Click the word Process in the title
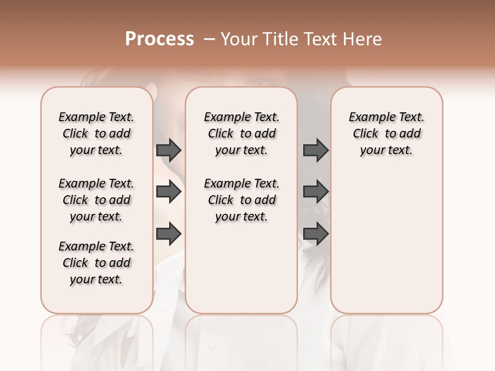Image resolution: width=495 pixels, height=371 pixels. coord(159,39)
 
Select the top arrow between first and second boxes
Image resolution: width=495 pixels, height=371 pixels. coord(169,150)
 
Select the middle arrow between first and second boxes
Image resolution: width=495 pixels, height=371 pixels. coord(169,192)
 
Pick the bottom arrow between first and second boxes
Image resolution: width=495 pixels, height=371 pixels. coord(169,234)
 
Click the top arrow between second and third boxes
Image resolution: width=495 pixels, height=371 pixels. coord(316,150)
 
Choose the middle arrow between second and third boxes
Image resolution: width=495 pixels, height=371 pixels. coord(316,192)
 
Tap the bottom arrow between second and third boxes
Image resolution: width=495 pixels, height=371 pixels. coord(316,234)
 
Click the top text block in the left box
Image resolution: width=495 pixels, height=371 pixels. coord(96,133)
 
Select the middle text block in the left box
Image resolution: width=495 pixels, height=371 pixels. coord(96,200)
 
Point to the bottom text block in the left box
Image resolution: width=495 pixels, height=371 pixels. coord(96,263)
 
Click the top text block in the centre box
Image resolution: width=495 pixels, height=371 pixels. coord(241,133)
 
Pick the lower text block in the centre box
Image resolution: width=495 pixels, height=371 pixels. coord(241,200)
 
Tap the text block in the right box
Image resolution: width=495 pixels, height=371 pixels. coord(386,133)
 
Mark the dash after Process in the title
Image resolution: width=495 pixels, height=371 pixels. coord(208,39)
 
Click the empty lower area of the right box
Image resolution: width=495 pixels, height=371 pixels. coord(386,242)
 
